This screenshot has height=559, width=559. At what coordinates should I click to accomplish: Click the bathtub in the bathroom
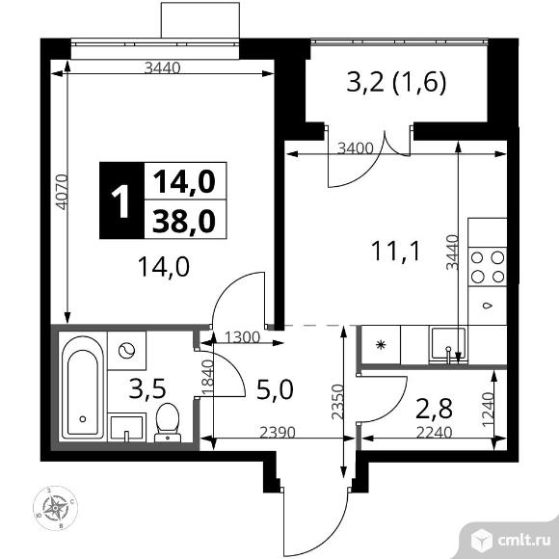(82, 386)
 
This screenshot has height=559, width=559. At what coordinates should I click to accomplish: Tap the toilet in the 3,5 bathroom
(168, 422)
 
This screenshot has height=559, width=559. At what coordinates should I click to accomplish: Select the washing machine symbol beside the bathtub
(126, 351)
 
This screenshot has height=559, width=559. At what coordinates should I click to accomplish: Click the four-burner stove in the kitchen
(488, 266)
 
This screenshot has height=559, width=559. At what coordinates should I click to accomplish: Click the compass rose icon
(55, 508)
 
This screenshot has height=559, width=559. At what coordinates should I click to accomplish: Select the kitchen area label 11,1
(396, 251)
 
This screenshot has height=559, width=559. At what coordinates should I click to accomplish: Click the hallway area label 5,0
(275, 388)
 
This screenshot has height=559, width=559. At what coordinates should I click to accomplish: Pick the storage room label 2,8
(435, 409)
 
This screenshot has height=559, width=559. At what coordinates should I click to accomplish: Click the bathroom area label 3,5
(147, 388)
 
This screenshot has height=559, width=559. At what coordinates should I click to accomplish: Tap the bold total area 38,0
(184, 221)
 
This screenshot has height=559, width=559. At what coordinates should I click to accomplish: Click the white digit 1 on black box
(121, 202)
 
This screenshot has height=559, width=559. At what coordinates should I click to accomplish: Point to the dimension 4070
(62, 192)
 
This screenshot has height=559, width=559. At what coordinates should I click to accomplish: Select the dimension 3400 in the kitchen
(356, 148)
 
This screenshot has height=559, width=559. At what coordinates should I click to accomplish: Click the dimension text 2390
(278, 433)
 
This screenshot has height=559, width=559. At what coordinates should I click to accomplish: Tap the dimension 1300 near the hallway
(243, 337)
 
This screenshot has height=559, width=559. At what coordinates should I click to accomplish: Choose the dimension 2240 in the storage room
(435, 433)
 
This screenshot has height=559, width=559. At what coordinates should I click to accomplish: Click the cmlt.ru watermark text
(523, 541)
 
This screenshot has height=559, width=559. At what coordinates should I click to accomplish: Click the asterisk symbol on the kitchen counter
(381, 345)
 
